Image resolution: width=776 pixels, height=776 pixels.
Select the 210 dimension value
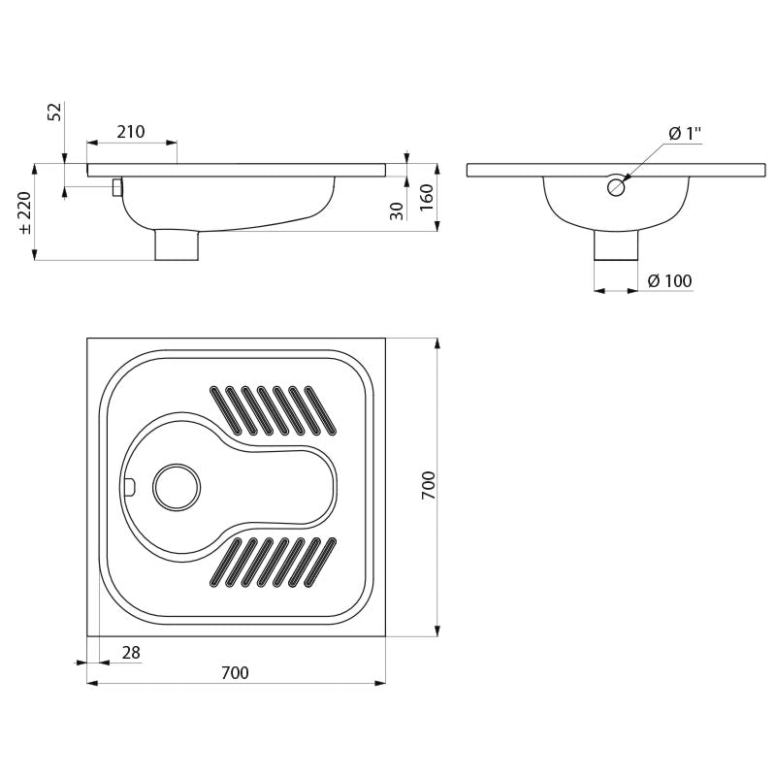[x=131, y=132]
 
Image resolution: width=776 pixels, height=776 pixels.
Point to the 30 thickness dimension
[x=398, y=210]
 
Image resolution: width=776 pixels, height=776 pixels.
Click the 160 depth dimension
[x=427, y=197]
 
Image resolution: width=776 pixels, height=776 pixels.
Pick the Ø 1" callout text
[x=685, y=134]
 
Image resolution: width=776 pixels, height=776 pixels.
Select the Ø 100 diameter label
[x=669, y=281]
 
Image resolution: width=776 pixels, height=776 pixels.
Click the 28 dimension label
[x=131, y=653]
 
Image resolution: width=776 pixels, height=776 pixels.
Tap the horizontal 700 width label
[x=235, y=673]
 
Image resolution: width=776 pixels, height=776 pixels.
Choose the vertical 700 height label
[x=428, y=485]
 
